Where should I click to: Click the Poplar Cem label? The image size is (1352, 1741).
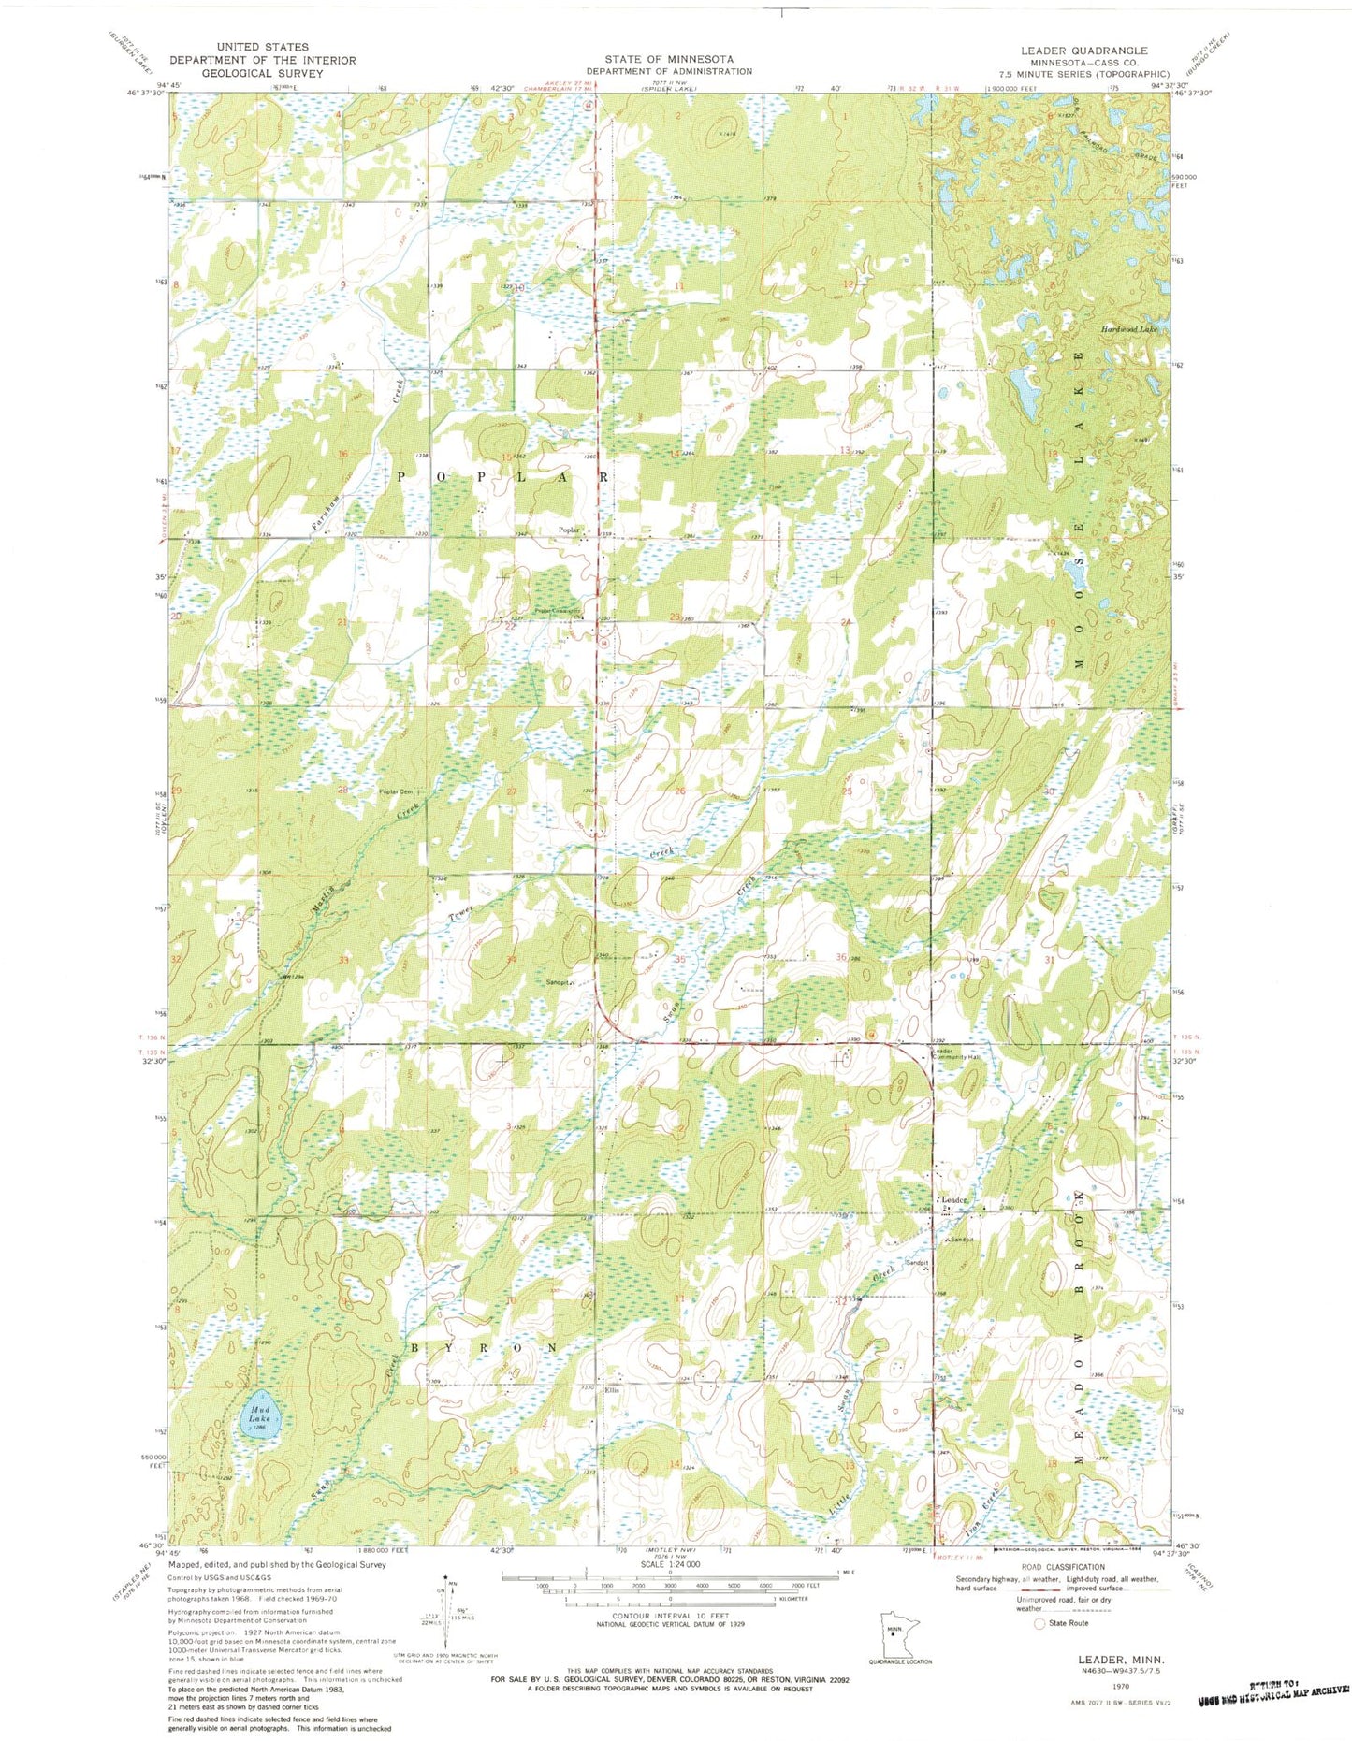coord(395,792)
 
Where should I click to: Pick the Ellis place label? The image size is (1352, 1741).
coord(613,1391)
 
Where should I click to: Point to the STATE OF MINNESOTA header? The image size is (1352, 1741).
coord(668,59)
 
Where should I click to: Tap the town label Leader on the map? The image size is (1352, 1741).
coord(953,1200)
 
